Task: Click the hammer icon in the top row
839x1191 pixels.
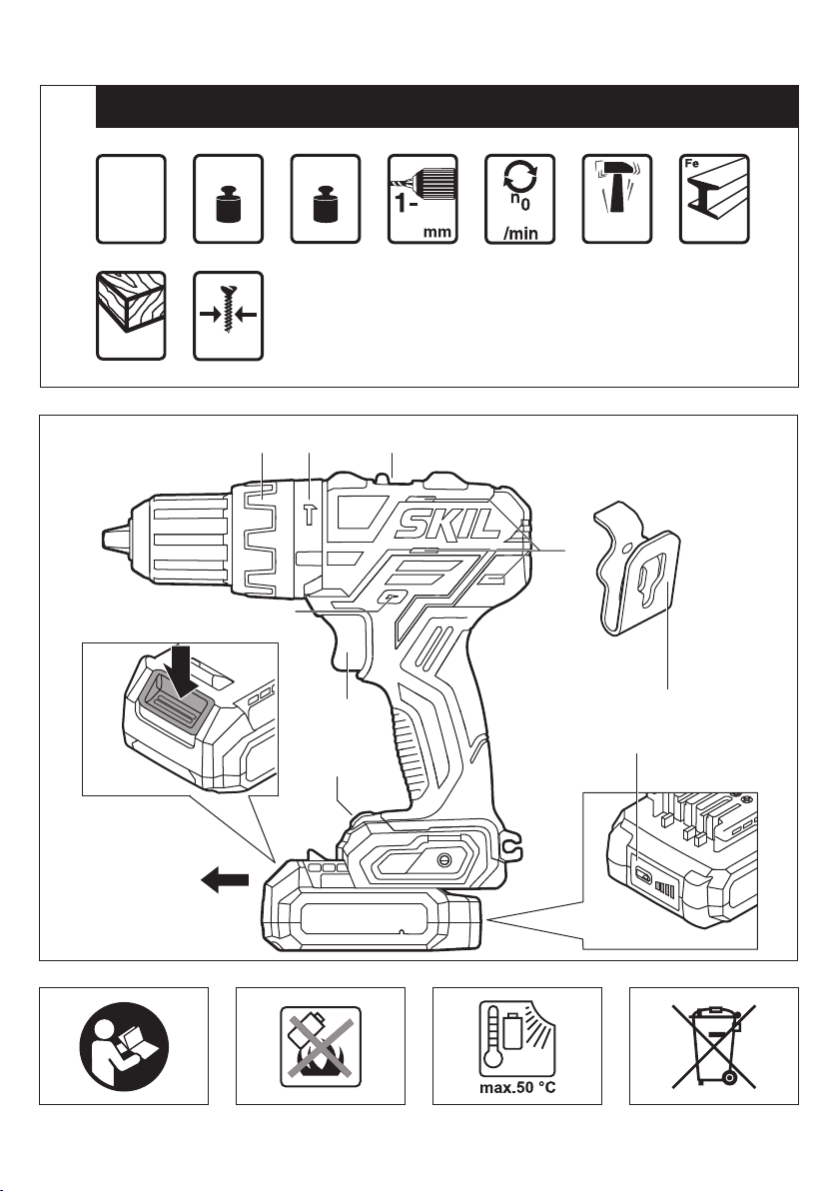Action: coord(616,199)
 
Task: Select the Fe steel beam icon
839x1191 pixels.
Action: coord(714,199)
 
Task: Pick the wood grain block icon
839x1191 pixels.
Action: coord(131,315)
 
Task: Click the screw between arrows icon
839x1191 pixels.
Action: coord(228,315)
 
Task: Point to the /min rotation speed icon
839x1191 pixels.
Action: coord(519,199)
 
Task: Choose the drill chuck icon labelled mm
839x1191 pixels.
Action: coord(422,199)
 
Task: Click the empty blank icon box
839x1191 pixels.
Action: coord(131,199)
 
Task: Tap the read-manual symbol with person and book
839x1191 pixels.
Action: coord(124,1045)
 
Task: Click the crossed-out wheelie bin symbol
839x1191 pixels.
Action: coord(713,1045)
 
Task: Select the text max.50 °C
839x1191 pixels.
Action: coord(517,1088)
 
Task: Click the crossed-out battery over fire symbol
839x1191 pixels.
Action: coord(321,1045)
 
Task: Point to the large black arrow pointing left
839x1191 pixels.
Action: coord(225,880)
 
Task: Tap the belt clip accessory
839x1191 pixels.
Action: coord(635,567)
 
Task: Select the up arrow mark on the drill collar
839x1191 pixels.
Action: coord(310,515)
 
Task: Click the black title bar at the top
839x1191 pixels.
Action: coord(447,106)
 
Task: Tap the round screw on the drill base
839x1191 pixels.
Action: coord(443,859)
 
